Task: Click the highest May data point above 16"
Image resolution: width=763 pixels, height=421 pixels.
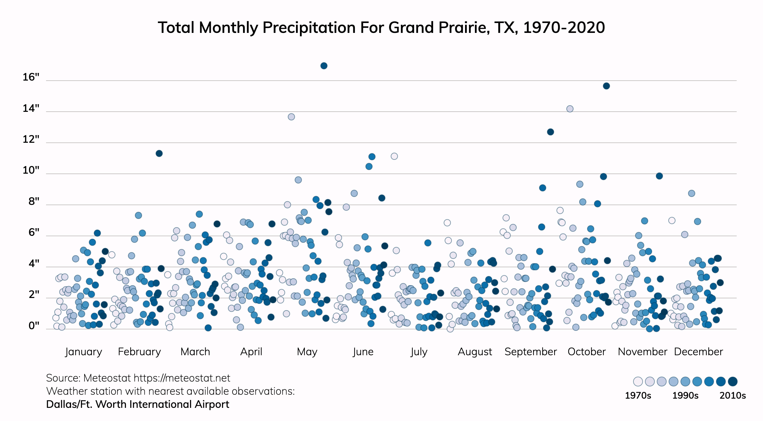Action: coord(324,66)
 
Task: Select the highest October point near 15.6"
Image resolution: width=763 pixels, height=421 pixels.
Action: coord(606,86)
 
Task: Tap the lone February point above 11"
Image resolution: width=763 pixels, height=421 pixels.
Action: coord(159,153)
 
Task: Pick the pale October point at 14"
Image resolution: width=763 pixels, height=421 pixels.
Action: coord(570,109)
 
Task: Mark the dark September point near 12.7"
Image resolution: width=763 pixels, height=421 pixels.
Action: coord(550,132)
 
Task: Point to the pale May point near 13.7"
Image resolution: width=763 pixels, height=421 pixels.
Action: coord(291,117)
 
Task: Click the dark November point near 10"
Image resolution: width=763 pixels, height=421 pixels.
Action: coord(659,176)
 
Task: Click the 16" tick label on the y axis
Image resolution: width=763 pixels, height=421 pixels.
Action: coord(31,77)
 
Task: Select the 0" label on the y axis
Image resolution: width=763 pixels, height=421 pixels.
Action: coord(34,326)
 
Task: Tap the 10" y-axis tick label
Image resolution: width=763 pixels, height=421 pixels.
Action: coord(31,170)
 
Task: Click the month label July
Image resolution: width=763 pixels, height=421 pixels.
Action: coord(419,352)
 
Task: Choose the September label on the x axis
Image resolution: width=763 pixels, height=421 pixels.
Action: coord(530,352)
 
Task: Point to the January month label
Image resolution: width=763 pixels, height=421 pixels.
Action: coord(84,352)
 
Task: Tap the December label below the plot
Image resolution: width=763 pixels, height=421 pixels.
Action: coord(698,352)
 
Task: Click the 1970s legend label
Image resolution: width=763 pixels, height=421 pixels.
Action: coord(638,395)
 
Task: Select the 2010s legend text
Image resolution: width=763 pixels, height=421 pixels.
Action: coord(732,395)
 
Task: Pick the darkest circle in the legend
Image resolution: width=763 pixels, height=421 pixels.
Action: coord(732,382)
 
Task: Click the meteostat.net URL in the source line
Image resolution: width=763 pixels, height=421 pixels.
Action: coord(182,378)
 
